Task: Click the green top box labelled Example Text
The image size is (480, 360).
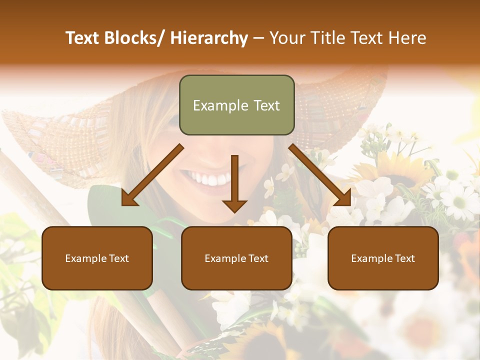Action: pyautogui.click(x=236, y=105)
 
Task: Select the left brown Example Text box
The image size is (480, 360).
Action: pyautogui.click(x=97, y=258)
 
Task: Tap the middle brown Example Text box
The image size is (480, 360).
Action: pyautogui.click(x=236, y=258)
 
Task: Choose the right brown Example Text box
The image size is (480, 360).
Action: pyautogui.click(x=383, y=258)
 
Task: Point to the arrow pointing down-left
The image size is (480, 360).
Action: pyautogui.click(x=152, y=175)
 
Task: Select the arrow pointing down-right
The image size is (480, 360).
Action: pyautogui.click(x=320, y=175)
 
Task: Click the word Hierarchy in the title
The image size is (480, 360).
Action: pyautogui.click(x=209, y=38)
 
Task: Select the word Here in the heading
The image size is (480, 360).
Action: pyautogui.click(x=408, y=38)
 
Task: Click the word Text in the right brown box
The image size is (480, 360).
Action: pyautogui.click(x=404, y=258)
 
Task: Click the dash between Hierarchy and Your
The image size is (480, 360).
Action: pyautogui.click(x=258, y=38)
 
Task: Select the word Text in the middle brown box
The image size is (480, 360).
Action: pyautogui.click(x=257, y=258)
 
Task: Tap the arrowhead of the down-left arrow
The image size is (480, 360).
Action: pyautogui.click(x=128, y=199)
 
